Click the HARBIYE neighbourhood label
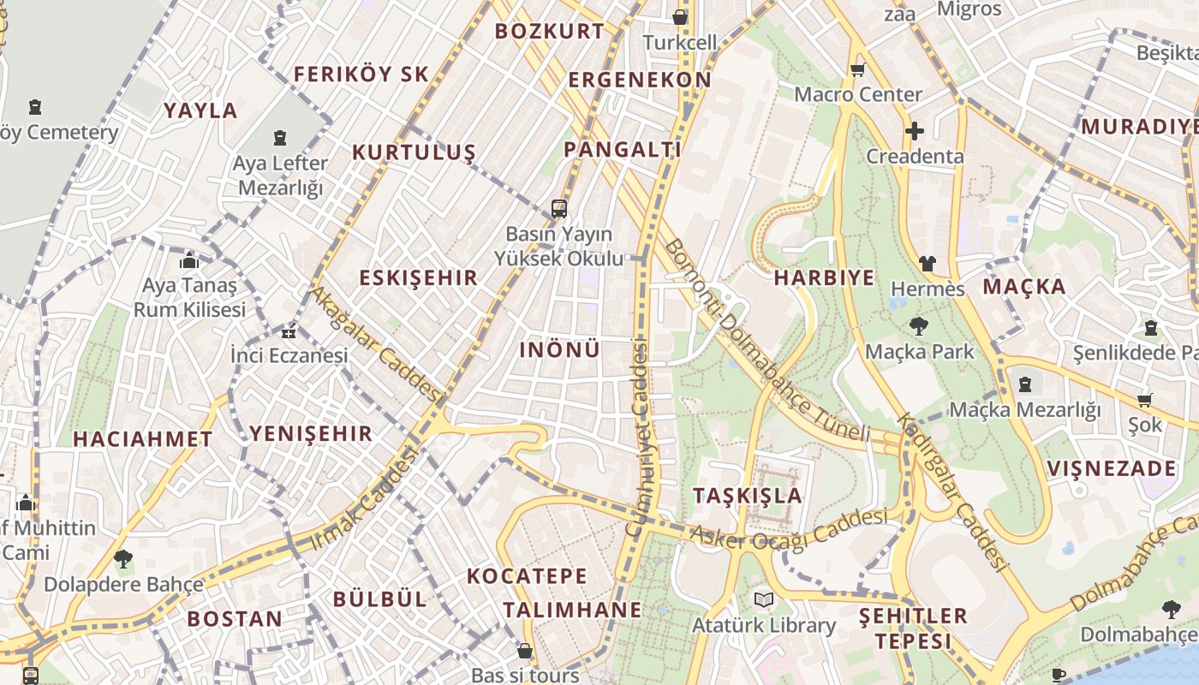(824, 277)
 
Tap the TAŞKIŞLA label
(747, 496)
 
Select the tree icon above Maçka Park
(919, 326)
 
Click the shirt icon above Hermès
(928, 264)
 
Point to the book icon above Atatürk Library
(763, 600)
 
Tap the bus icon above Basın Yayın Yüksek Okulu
(559, 208)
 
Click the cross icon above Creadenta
(915, 131)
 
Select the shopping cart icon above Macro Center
(857, 69)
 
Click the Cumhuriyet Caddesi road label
(639, 437)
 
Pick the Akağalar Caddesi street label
(375, 342)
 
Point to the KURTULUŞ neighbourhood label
(414, 153)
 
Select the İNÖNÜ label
(559, 349)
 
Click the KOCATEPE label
(527, 576)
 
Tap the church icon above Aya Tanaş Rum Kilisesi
(189, 260)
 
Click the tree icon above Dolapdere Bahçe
(123, 559)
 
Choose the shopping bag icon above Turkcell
(680, 16)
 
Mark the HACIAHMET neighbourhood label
(142, 439)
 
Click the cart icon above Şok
(1144, 400)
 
